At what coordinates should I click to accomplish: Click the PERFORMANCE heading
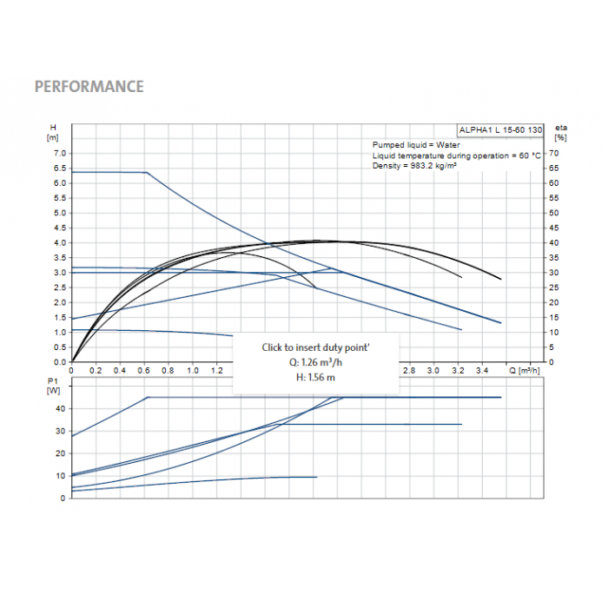89,87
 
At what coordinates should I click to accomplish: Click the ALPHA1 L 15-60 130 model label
500,129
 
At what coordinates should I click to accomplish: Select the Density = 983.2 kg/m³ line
415,165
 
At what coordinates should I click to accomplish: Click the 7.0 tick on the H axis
60,154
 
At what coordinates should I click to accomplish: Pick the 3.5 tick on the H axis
60,258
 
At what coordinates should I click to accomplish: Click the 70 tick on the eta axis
554,154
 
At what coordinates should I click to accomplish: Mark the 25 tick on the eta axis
554,287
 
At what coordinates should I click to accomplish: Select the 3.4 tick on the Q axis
482,371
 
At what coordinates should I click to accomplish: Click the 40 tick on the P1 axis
60,408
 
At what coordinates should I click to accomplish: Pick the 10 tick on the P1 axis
60,476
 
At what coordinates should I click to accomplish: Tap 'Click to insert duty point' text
316,347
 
